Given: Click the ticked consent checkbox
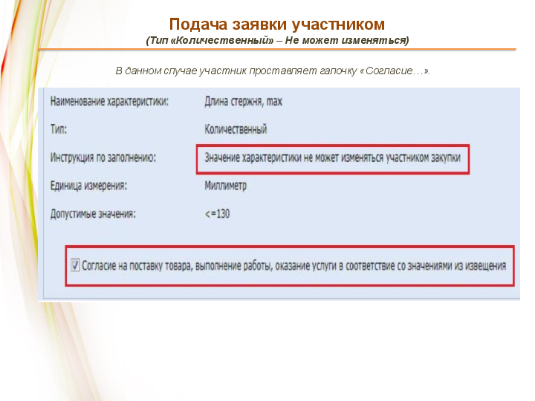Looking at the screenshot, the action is (75, 265).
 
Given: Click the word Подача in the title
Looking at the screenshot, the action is (198, 25).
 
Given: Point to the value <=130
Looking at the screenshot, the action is (217, 214).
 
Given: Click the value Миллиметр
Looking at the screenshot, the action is (226, 186).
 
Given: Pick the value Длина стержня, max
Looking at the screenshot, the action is (243, 101).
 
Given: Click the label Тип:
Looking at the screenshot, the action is (59, 129).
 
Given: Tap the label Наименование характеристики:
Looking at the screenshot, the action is (109, 101).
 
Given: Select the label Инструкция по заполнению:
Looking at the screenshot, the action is (103, 157).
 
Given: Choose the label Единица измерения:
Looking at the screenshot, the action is (88, 186).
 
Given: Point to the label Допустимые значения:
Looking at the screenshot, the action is (93, 214).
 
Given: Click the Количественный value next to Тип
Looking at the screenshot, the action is (236, 129).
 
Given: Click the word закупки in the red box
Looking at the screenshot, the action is (445, 157).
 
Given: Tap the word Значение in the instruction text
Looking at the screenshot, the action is (222, 157).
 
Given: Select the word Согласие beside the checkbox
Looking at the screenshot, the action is (99, 266).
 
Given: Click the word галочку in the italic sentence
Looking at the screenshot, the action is (338, 71).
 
